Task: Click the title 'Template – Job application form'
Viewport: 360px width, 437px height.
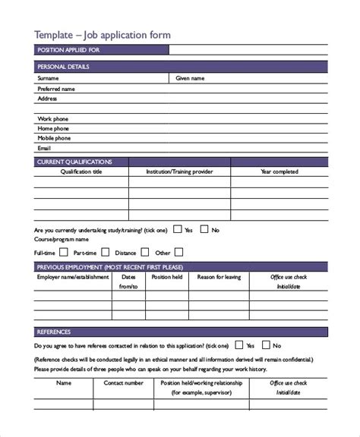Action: pyautogui.click(x=103, y=34)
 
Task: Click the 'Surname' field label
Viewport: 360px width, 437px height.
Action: pyautogui.click(x=48, y=78)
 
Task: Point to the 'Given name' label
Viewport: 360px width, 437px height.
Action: pyautogui.click(x=189, y=78)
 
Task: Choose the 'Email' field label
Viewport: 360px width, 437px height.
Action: pyautogui.click(x=45, y=149)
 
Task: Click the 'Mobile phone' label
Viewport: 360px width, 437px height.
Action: pyautogui.click(x=54, y=139)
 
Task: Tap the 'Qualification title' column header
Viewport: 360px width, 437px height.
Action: pyautogui.click(x=81, y=172)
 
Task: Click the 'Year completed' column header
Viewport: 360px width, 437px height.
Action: pyautogui.click(x=279, y=172)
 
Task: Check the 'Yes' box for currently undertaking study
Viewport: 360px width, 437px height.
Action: pyautogui.click(x=177, y=228)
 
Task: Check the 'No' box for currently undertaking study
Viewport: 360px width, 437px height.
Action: pyautogui.click(x=204, y=228)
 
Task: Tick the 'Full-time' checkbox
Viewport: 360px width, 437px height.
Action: pyautogui.click(x=64, y=252)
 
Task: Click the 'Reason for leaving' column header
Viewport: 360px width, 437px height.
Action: pyautogui.click(x=219, y=278)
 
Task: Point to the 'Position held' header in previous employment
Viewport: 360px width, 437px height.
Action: pyautogui.click(x=167, y=278)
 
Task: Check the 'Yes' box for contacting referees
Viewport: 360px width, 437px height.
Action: pyautogui.click(x=239, y=345)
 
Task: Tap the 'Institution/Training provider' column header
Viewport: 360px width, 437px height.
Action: pyautogui.click(x=179, y=172)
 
